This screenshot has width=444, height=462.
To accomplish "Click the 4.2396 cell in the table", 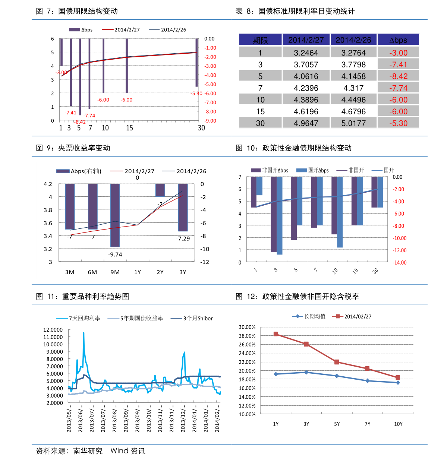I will click(306, 88).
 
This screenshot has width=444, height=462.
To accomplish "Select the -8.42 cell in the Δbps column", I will click(398, 76).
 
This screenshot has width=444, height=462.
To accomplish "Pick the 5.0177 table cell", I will click(353, 123).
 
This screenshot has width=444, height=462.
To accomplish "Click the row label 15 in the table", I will click(260, 111).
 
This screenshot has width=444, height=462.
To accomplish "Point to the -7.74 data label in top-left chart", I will click(89, 115).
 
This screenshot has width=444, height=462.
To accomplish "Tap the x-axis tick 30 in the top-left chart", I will click(201, 128).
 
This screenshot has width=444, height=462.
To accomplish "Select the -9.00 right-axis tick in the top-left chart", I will click(210, 121).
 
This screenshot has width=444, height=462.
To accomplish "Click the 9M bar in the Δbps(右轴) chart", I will click(115, 215).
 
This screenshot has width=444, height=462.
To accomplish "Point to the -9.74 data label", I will click(115, 254).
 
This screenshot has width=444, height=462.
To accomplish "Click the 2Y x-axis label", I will click(160, 272).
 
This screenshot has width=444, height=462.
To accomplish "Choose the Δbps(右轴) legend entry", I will click(79, 171).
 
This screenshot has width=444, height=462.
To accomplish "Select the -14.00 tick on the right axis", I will click(399, 263).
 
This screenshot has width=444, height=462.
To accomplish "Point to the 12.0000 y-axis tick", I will click(53, 330).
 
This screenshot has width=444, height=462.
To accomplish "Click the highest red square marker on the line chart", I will click(275, 334).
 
